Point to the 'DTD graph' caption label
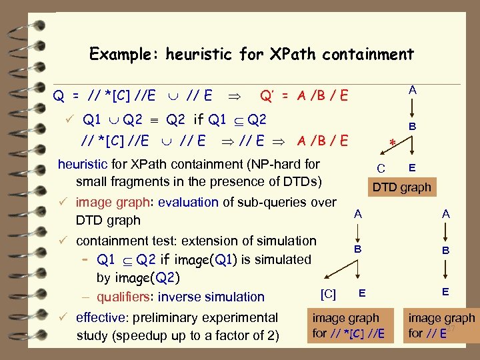coord(402,188)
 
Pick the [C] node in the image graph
coord(328,293)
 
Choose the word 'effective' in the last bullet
coord(103,317)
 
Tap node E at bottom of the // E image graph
coord(445,291)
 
